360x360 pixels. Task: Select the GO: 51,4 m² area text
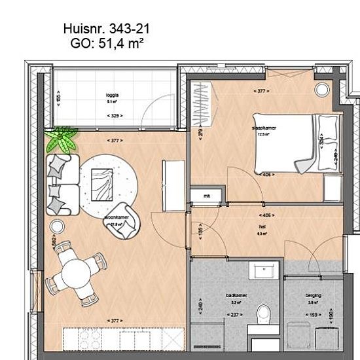tap(106, 44)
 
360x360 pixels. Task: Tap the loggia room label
tap(112, 94)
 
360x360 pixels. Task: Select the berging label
tap(313, 296)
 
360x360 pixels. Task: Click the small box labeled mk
tap(206, 196)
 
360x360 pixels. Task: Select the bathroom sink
tap(266, 270)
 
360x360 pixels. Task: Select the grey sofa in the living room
tap(62, 183)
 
